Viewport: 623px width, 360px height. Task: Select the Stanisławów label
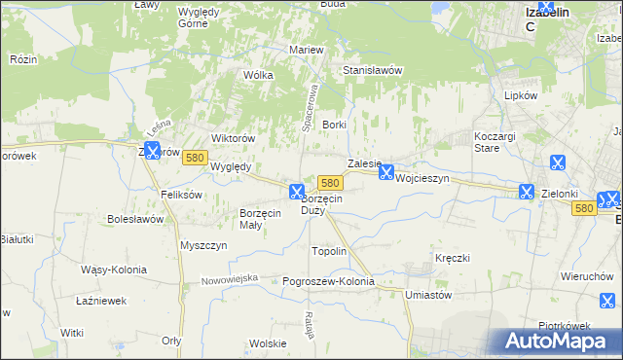click(x=372, y=71)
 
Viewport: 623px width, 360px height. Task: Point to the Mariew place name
click(x=306, y=50)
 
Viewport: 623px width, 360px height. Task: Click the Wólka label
click(x=258, y=75)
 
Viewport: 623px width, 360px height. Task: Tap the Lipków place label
click(x=521, y=96)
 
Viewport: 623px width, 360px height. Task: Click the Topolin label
click(x=328, y=251)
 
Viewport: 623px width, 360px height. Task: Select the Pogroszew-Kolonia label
click(x=328, y=281)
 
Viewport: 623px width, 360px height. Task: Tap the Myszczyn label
click(x=203, y=245)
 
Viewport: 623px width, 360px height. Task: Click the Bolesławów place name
click(x=135, y=219)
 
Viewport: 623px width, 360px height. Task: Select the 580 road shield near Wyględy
click(x=195, y=158)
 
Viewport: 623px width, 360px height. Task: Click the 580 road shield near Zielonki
click(x=583, y=208)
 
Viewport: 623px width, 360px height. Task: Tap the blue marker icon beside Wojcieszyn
click(x=386, y=172)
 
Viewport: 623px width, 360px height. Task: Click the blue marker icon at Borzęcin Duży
click(x=297, y=192)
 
